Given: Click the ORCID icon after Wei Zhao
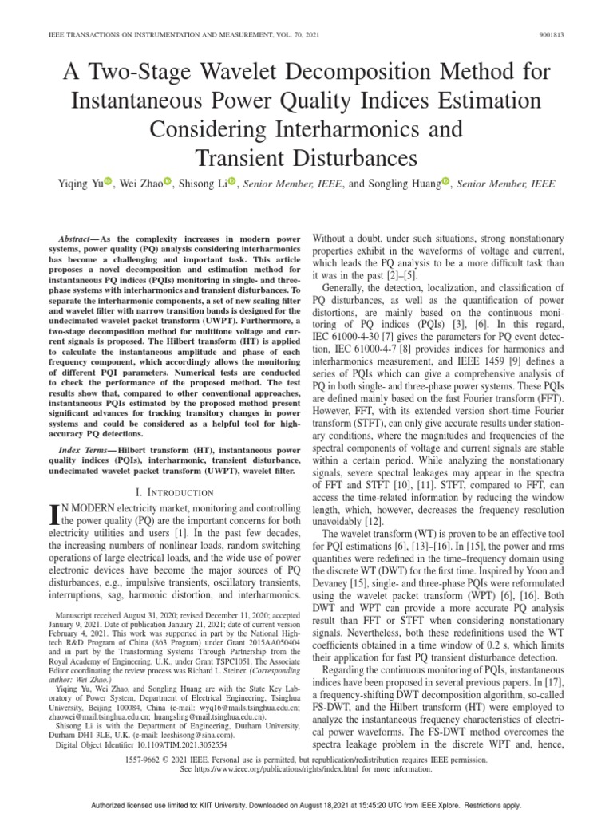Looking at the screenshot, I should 169,183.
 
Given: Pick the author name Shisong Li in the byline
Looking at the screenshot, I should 204,184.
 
